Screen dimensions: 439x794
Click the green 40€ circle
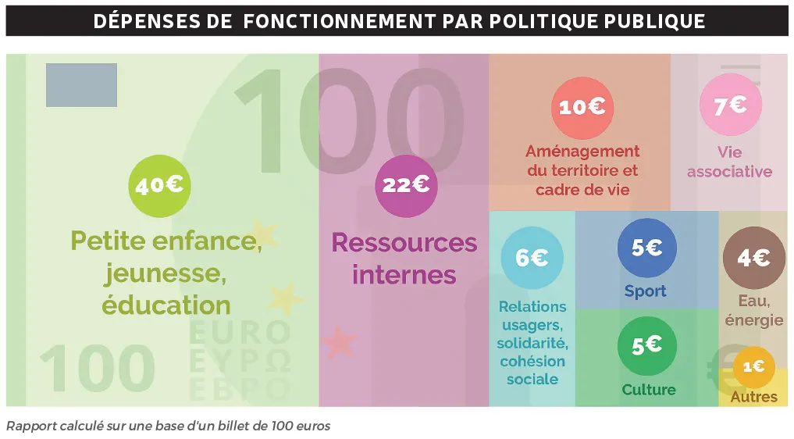point(159,186)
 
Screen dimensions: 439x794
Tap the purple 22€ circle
point(406,185)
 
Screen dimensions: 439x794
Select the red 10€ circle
point(582,108)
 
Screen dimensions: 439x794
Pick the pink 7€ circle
point(729,105)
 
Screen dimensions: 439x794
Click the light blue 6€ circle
point(531,258)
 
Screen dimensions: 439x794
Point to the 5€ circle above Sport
point(646,248)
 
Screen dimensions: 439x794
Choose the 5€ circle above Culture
point(646,345)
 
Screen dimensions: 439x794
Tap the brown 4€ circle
point(753,258)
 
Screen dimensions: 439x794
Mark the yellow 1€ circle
point(753,366)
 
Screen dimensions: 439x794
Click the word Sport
point(645,291)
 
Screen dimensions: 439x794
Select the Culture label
point(649,390)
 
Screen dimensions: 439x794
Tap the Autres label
point(753,397)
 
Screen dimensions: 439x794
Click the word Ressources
point(404,242)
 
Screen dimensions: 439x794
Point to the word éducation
point(166,304)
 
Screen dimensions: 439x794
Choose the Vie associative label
point(729,162)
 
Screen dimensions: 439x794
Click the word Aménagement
point(582,152)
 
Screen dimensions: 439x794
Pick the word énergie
point(753,319)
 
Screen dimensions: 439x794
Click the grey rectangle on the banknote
point(81,85)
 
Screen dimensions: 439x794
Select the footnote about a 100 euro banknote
point(168,426)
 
